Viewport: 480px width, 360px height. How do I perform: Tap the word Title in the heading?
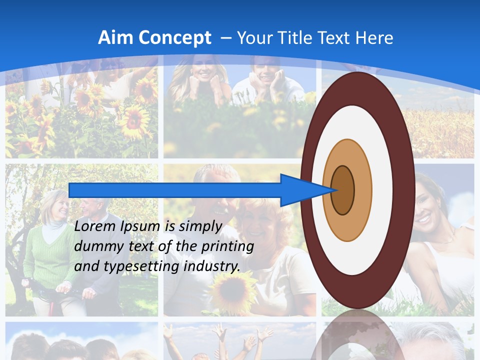pyautogui.click(x=296, y=38)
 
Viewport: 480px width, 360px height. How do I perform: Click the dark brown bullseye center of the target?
pyautogui.click(x=343, y=190)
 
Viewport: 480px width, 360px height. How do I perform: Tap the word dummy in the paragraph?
pyautogui.click(x=95, y=246)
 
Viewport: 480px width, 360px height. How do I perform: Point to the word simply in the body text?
pyautogui.click(x=200, y=227)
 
